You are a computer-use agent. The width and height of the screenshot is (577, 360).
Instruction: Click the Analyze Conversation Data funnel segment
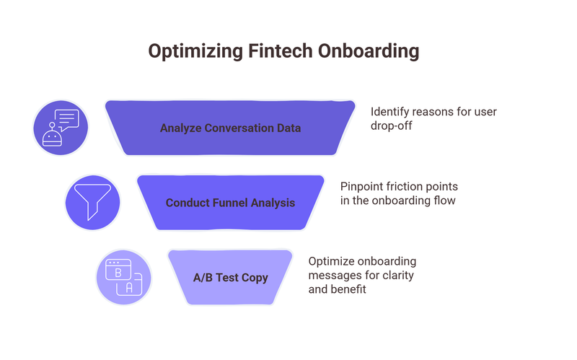point(230,128)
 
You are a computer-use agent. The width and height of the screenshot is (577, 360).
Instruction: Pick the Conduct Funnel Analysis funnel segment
point(230,203)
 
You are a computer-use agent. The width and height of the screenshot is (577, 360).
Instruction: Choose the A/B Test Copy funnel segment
point(230,278)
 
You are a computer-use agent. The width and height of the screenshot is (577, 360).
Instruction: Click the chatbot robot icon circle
point(61,128)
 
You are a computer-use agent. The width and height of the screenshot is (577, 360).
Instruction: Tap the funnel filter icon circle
point(92,203)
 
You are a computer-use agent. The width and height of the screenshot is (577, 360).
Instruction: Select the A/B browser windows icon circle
point(123,278)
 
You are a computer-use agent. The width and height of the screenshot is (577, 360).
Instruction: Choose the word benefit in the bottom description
point(349,289)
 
